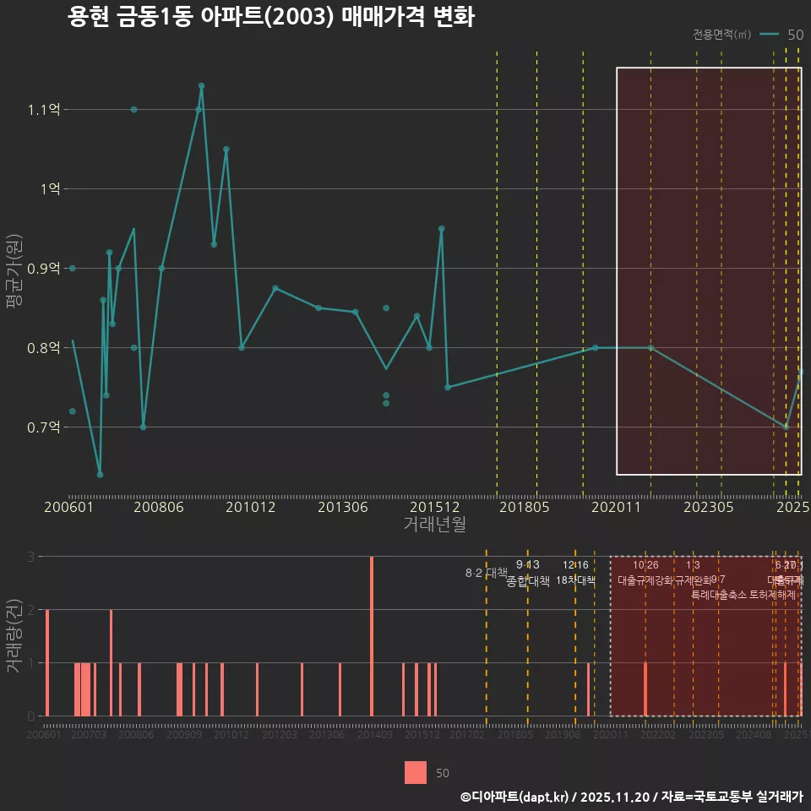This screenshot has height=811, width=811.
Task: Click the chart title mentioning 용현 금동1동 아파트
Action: [x=270, y=18]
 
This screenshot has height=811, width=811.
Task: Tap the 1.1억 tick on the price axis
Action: [x=44, y=110]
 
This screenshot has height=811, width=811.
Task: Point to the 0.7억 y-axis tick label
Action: [x=44, y=427]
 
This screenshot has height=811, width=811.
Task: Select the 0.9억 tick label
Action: [x=44, y=269]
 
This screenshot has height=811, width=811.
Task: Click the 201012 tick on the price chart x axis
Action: [x=251, y=508]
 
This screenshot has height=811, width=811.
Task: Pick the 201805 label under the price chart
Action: [x=523, y=508]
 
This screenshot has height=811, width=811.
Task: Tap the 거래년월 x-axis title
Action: [x=434, y=525]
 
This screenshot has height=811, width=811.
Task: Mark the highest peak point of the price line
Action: [x=201, y=85]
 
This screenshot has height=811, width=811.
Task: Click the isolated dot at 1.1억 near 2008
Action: [x=133, y=110]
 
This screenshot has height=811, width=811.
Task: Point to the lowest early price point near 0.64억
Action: [x=100, y=474]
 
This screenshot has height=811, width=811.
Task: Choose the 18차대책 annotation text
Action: [x=576, y=580]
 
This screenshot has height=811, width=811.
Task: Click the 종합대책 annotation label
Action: [x=528, y=581]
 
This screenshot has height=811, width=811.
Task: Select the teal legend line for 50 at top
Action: [x=769, y=35]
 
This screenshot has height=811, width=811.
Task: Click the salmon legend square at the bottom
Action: [x=416, y=772]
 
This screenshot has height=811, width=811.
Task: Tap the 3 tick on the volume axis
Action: [x=30, y=557]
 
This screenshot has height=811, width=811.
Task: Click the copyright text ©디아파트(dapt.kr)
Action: [x=515, y=797]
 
